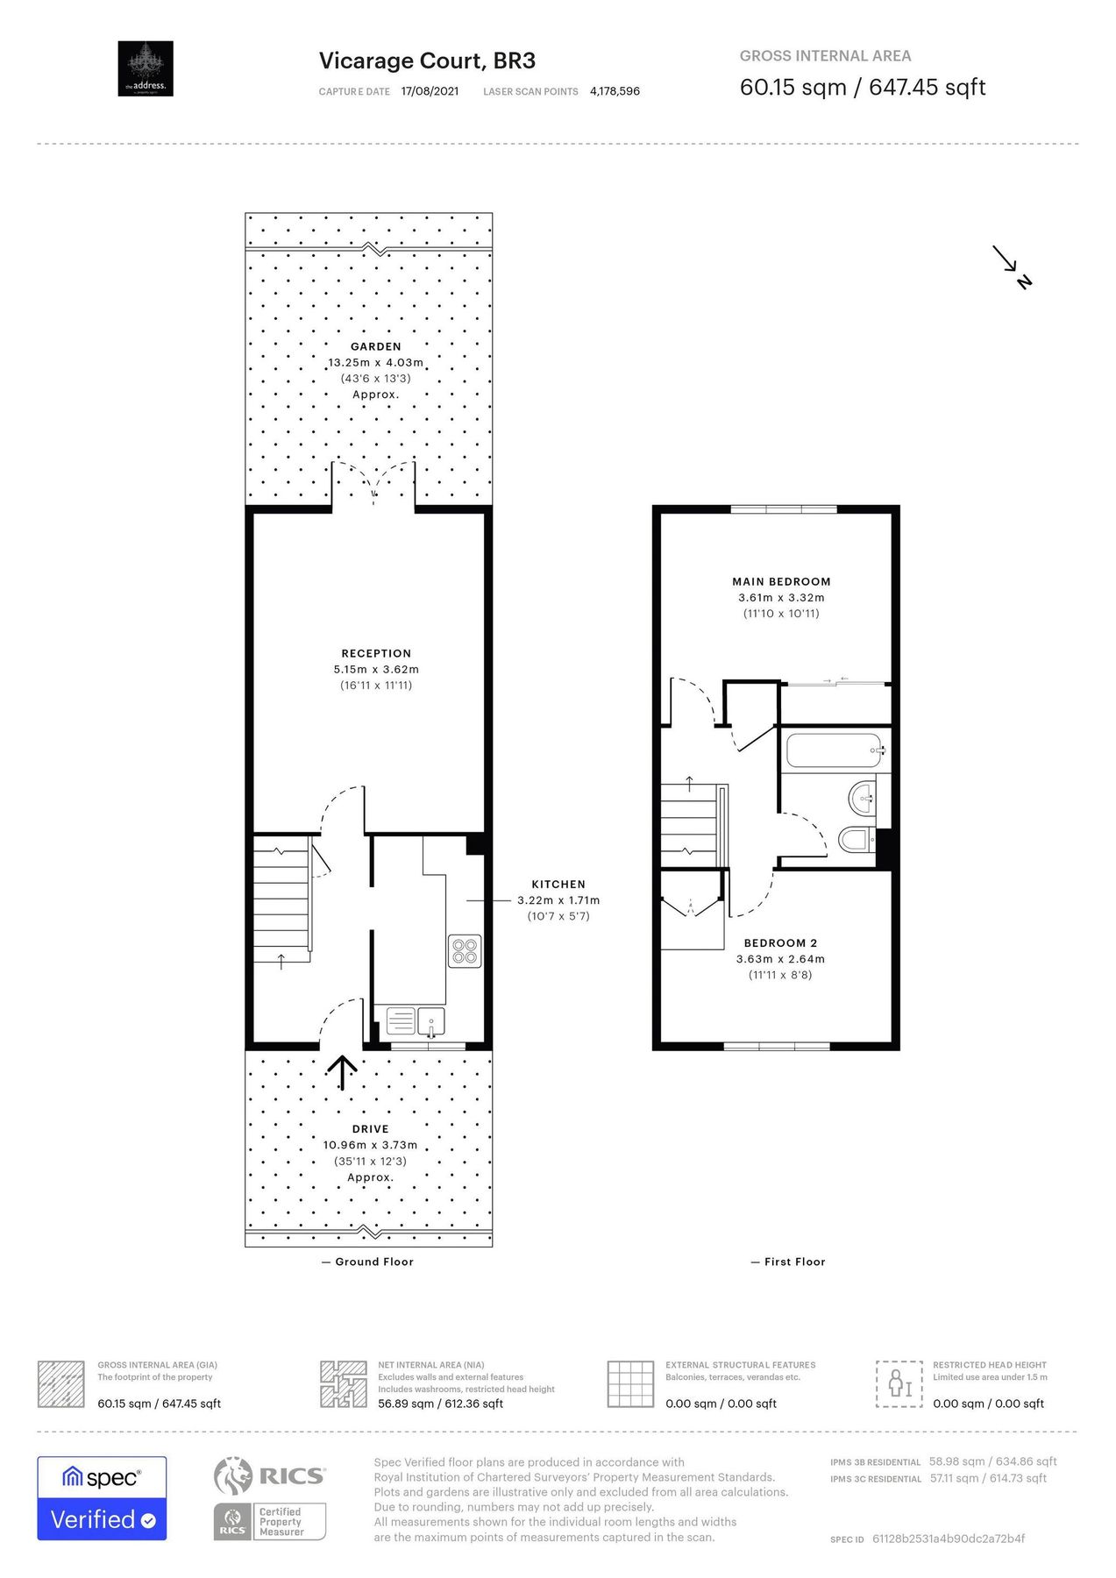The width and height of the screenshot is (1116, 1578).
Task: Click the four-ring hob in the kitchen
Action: pos(465,951)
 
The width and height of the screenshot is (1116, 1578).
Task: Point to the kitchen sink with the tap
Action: pos(431,1021)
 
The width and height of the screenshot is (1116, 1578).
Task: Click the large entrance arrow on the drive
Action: pos(342,1071)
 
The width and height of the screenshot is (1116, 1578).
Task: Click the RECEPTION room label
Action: pos(376,653)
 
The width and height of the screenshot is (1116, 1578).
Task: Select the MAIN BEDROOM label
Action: pos(781,581)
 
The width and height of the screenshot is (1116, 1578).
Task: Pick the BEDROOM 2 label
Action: pos(780,943)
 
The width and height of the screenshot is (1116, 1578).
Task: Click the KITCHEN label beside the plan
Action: pos(558,885)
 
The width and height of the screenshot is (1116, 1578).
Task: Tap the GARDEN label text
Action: pos(376,346)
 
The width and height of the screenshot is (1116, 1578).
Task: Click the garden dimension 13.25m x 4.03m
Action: pos(376,362)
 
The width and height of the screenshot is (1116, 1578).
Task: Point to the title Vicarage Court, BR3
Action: pos(427,60)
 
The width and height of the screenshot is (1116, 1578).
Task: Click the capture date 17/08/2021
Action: pos(430,91)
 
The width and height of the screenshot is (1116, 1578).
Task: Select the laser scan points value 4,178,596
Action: pos(615,91)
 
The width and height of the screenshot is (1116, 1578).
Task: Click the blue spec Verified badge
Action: pos(102,1498)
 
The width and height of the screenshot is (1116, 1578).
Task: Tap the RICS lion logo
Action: pos(233,1475)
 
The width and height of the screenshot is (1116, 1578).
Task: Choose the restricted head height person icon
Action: pos(899,1383)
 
